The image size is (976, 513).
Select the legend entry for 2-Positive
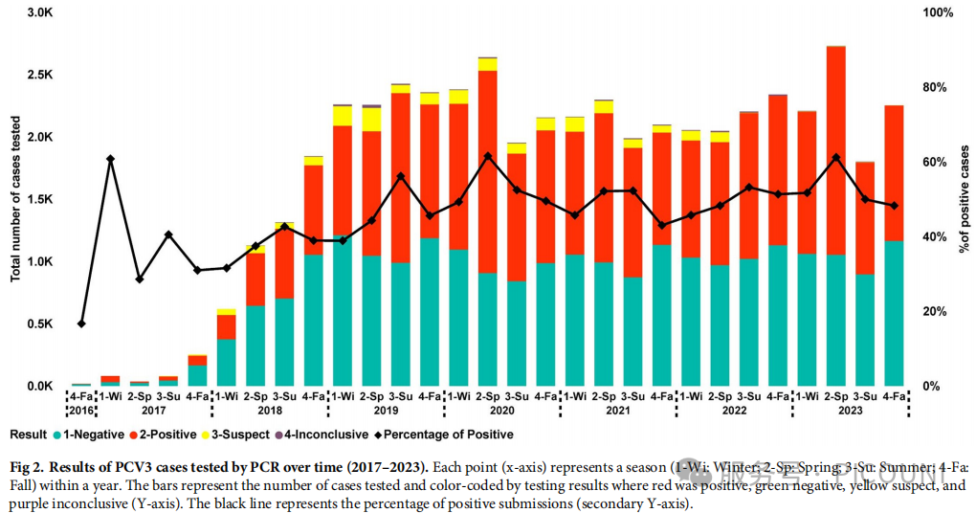pyautogui.click(x=166, y=435)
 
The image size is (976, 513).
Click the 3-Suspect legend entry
pyautogui.click(x=238, y=435)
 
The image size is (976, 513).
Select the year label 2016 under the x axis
pyautogui.click(x=81, y=411)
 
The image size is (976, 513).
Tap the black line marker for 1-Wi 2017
pyautogui.click(x=110, y=159)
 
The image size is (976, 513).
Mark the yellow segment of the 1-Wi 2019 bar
pyautogui.click(x=343, y=115)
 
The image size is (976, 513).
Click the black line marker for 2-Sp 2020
pyautogui.click(x=488, y=156)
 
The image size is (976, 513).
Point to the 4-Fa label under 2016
pyautogui.click(x=81, y=395)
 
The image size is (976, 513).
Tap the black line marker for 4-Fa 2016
pyautogui.click(x=81, y=323)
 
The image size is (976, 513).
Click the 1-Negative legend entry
pyautogui.click(x=90, y=435)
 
